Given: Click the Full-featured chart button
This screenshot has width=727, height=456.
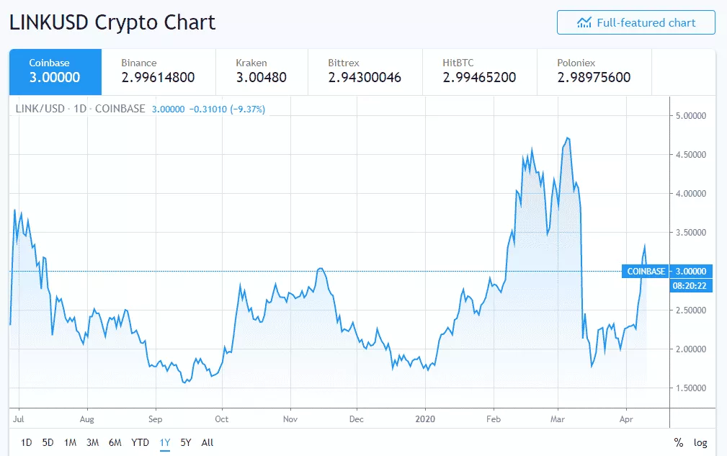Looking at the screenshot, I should pyautogui.click(x=635, y=22).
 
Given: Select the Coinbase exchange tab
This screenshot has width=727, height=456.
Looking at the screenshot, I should pyautogui.click(x=55, y=71).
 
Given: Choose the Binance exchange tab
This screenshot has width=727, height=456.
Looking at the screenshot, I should pyautogui.click(x=159, y=71).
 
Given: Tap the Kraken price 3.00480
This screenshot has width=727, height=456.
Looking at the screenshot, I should pyautogui.click(x=261, y=78).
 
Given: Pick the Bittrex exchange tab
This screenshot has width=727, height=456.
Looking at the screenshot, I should pyautogui.click(x=365, y=71).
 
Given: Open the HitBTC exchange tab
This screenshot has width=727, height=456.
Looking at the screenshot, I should pyautogui.click(x=479, y=71).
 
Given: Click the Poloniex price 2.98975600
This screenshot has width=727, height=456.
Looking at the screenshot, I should pyautogui.click(x=594, y=78).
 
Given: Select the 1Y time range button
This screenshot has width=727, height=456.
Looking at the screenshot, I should pyautogui.click(x=165, y=442).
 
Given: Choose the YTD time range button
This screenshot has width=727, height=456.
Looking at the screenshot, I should pyautogui.click(x=140, y=442).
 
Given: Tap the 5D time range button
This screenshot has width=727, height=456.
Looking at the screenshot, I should pyautogui.click(x=48, y=442).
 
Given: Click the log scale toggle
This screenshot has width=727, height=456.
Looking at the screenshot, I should pyautogui.click(x=700, y=442).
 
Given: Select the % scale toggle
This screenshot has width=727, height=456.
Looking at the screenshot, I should pyautogui.click(x=679, y=442).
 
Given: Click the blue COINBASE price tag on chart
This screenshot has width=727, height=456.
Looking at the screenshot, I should pyautogui.click(x=646, y=272).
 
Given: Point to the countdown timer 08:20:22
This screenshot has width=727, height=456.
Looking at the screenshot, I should pyautogui.click(x=688, y=285).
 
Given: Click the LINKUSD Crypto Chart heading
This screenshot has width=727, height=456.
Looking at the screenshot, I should pyautogui.click(x=112, y=22).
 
